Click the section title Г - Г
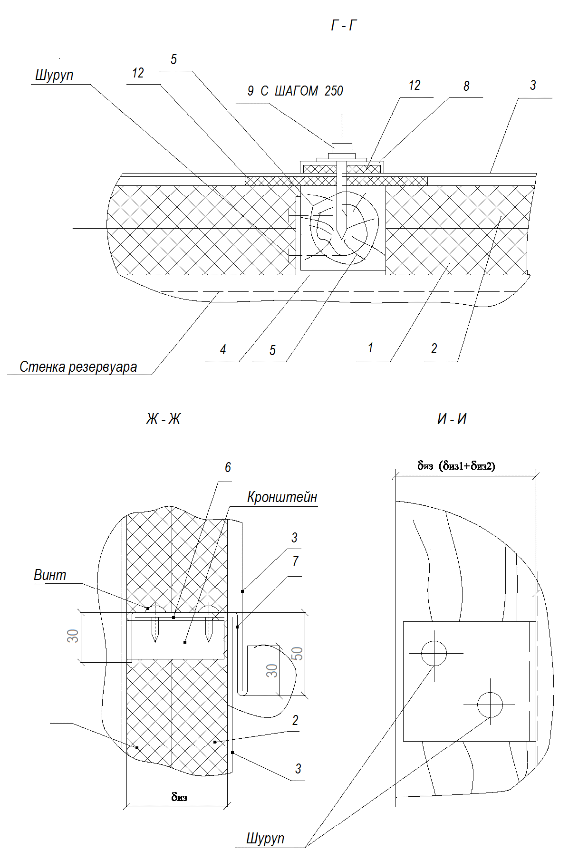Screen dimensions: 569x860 pyautogui.click(x=343, y=26)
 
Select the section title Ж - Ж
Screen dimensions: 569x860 pyautogui.click(x=164, y=419)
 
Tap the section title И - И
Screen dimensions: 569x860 pyautogui.click(x=452, y=419)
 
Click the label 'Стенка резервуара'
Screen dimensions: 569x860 pyautogui.click(x=78, y=367)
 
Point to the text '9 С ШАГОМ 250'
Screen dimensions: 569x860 pyautogui.click(x=295, y=91)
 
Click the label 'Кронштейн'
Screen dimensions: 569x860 pyautogui.click(x=282, y=497)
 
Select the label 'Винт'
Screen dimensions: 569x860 pyautogui.click(x=50, y=575)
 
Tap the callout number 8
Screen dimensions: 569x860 pyautogui.click(x=466, y=86)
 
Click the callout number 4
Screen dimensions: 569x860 pyautogui.click(x=223, y=350)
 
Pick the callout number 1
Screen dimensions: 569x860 pyautogui.click(x=370, y=348)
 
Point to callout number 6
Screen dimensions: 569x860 pyautogui.click(x=228, y=468)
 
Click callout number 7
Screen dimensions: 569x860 pyautogui.click(x=295, y=561)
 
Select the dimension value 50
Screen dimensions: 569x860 pyautogui.click(x=297, y=653)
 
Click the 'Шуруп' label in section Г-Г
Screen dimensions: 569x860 pyautogui.click(x=54, y=76)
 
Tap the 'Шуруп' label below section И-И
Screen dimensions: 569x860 pyautogui.click(x=265, y=838)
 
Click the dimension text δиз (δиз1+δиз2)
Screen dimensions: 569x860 pyautogui.click(x=456, y=466)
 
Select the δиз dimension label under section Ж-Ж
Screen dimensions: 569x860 pyautogui.click(x=179, y=797)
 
